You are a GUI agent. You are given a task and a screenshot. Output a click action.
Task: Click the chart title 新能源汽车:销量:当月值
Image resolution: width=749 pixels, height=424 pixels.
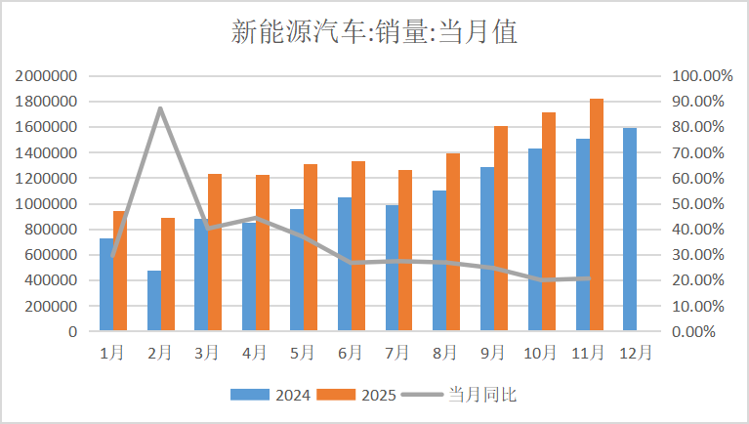click(374, 33)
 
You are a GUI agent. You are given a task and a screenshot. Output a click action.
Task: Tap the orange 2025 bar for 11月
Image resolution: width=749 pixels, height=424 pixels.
click(597, 215)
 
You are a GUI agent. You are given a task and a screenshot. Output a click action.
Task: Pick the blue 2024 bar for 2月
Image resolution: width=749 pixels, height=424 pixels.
click(154, 301)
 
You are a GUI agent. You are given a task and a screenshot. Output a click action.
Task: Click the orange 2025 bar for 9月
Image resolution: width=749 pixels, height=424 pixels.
click(501, 229)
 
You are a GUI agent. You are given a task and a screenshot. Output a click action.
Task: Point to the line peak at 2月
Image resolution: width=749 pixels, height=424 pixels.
click(160, 108)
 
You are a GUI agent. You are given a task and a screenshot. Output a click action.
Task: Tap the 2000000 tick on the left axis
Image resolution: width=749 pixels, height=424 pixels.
click(47, 76)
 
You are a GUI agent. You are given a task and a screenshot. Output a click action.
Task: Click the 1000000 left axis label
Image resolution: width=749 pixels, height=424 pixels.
click(47, 204)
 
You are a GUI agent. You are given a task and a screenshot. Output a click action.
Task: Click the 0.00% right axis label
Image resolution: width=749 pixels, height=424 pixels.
click(695, 331)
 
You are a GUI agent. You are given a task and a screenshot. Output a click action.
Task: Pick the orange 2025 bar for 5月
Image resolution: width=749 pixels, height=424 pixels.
click(311, 248)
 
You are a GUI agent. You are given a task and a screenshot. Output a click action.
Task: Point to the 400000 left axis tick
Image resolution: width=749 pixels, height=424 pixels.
click(51, 280)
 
